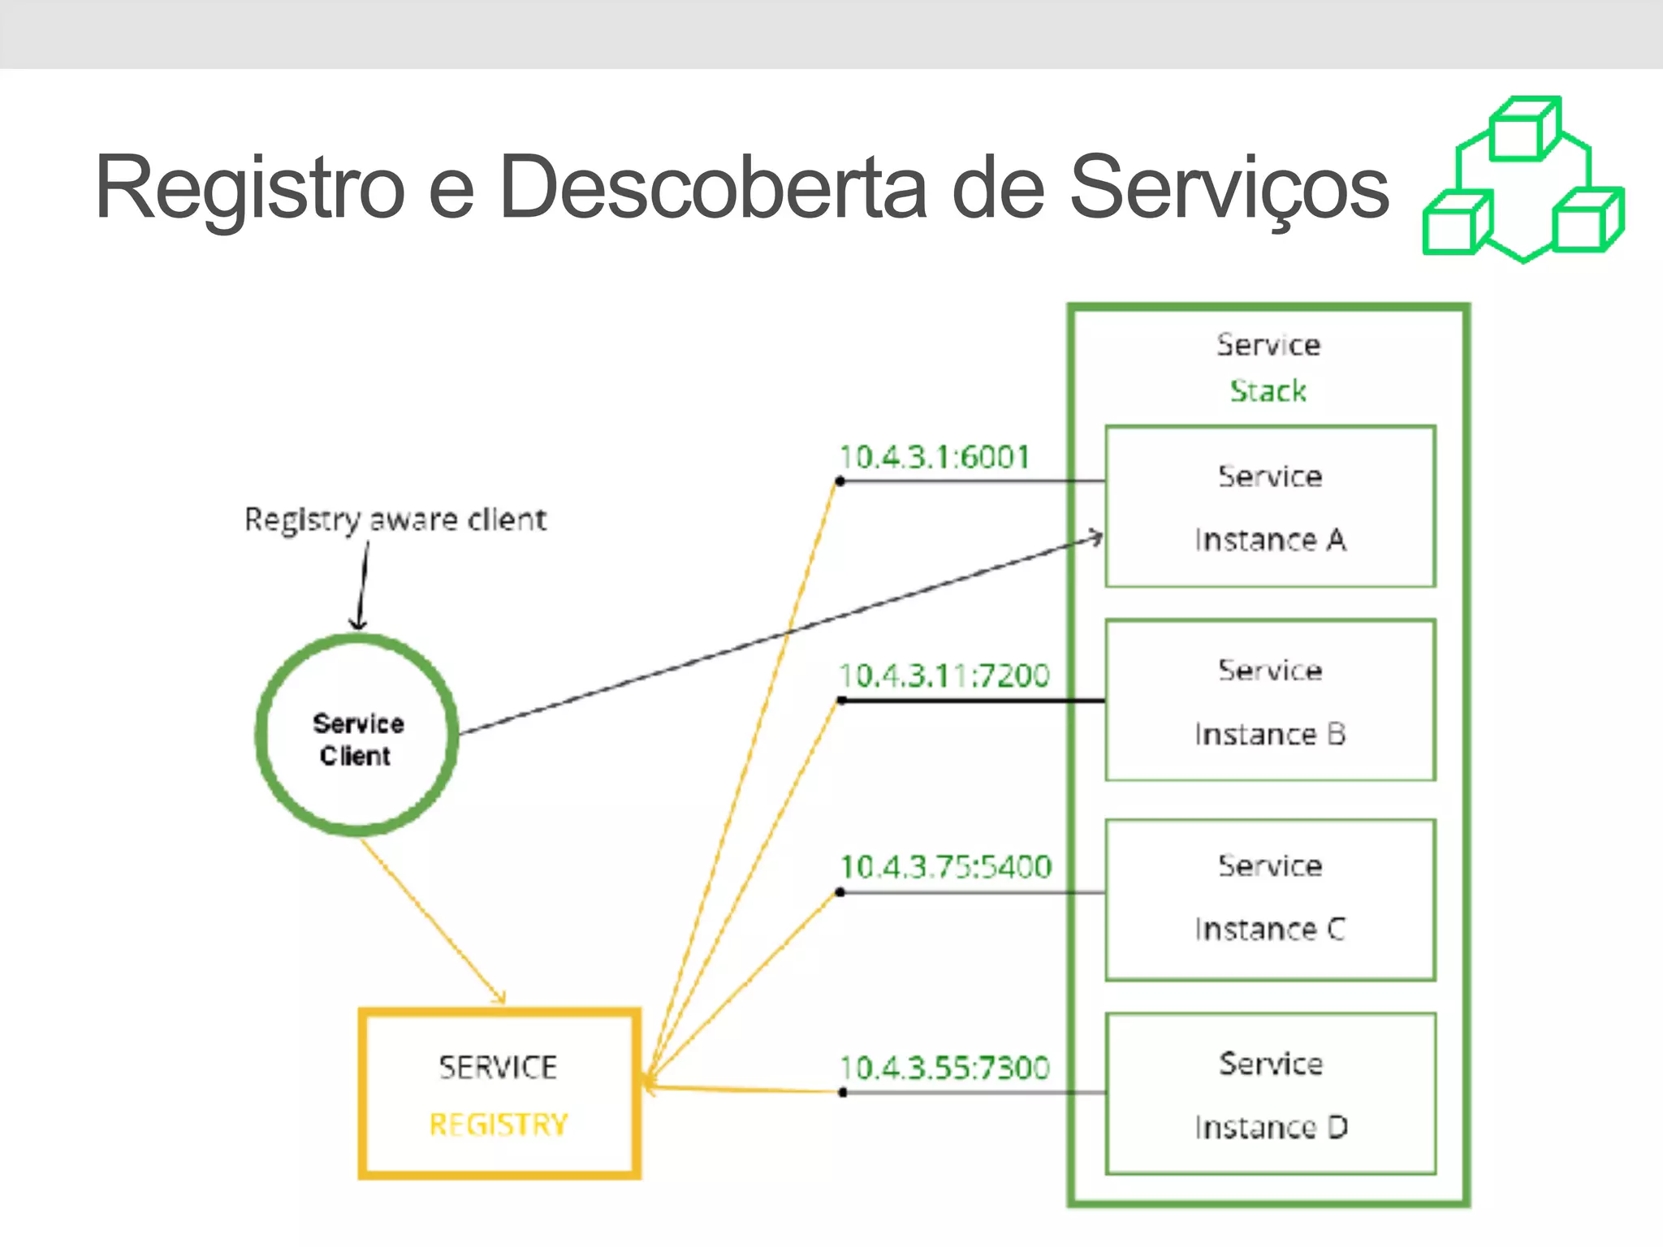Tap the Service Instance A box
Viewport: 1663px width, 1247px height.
(x=1270, y=507)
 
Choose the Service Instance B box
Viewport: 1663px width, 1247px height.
(x=1270, y=701)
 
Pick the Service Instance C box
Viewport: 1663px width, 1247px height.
(x=1270, y=900)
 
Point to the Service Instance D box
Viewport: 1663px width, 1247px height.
(x=1270, y=1094)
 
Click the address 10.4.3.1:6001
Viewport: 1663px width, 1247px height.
(x=935, y=457)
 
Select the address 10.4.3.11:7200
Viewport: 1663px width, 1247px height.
(x=944, y=675)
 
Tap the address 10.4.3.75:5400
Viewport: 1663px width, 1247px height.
(x=946, y=867)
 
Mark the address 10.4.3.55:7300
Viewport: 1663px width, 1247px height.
(x=944, y=1068)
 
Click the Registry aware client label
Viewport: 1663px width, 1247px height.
(x=395, y=520)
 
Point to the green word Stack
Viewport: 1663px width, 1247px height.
(x=1268, y=391)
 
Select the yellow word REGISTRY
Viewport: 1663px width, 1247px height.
(x=499, y=1124)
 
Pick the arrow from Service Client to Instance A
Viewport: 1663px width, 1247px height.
(x=780, y=636)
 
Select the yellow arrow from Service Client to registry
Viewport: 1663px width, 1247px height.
(x=432, y=921)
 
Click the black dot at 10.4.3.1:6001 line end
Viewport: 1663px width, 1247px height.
(x=840, y=481)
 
